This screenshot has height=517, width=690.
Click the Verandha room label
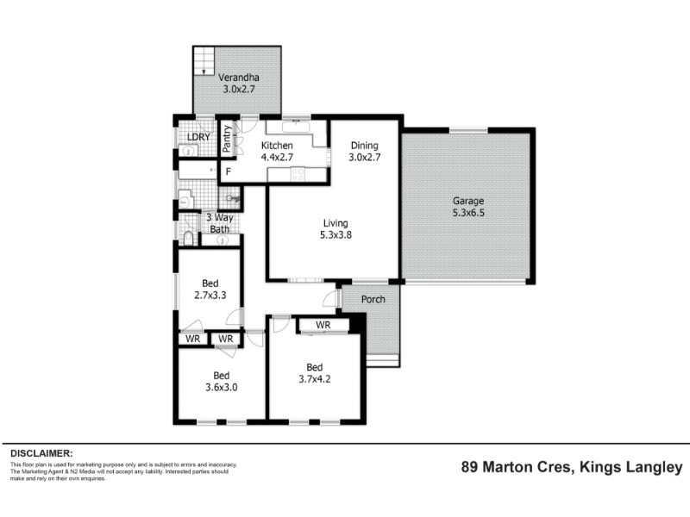[239, 78]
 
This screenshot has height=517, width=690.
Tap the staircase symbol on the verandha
[204, 60]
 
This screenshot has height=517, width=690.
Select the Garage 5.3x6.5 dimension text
[468, 213]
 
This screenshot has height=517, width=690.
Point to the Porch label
[373, 299]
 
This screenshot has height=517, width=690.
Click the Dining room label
[364, 145]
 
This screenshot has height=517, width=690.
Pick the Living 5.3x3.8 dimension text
[336, 234]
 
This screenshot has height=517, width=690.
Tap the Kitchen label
[277, 145]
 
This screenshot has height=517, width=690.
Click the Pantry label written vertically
[227, 139]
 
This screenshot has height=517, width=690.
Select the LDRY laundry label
[198, 137]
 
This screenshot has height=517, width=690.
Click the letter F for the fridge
[229, 171]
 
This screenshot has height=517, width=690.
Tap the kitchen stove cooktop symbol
[298, 174]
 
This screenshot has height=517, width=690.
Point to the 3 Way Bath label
[220, 223]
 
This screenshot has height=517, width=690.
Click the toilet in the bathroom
[189, 238]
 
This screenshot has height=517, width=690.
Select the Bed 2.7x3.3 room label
[210, 290]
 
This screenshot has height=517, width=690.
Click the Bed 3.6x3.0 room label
[222, 382]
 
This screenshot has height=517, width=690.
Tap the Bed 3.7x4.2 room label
[315, 373]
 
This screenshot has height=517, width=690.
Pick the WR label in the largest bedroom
[323, 325]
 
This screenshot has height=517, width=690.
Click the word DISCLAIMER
[41, 453]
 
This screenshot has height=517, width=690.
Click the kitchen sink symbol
[296, 127]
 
